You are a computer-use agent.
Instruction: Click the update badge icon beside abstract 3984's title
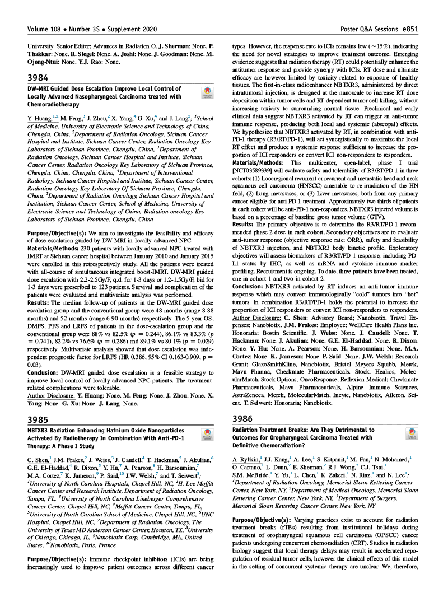click(207, 92)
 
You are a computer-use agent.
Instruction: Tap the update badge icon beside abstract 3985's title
click(207, 435)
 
